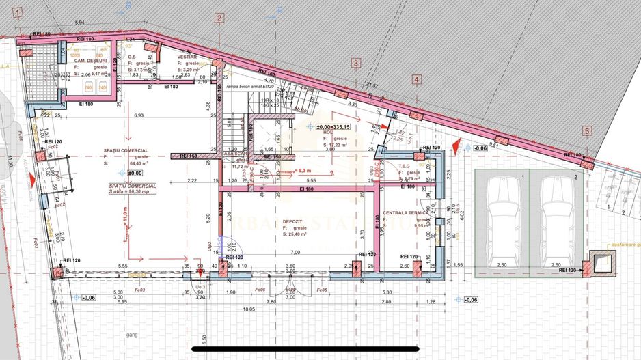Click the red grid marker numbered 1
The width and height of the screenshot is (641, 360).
18,12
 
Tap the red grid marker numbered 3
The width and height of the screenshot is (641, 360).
355,64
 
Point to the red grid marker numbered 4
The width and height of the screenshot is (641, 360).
417,80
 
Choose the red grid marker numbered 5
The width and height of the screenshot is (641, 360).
586,130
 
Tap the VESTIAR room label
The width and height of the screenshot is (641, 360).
187,57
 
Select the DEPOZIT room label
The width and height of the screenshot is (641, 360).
297,222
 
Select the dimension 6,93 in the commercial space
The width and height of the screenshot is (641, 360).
139,116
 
